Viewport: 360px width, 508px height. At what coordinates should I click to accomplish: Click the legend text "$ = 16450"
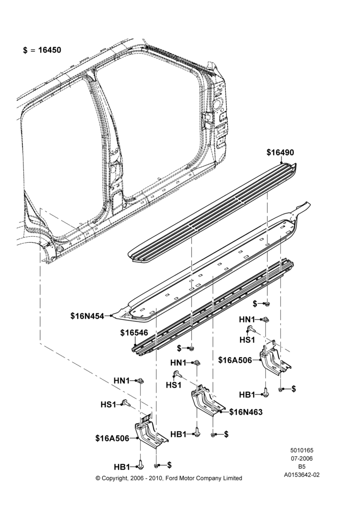pos(42,50)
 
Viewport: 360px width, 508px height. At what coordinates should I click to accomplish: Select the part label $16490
pos(280,152)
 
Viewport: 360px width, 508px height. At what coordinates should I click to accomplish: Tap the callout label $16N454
pos(87,315)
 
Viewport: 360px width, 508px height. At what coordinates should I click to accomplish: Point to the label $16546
pos(134,333)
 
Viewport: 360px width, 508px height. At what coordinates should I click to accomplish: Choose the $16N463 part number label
pos(246,412)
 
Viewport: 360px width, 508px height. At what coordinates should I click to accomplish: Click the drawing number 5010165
pos(302,450)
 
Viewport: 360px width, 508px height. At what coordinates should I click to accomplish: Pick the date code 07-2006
pos(302,458)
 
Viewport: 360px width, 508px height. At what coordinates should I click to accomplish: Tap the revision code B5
pos(302,467)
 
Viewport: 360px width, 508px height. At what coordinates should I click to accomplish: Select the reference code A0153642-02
pos(302,475)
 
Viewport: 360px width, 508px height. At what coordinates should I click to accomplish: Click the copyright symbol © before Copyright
pos(98,478)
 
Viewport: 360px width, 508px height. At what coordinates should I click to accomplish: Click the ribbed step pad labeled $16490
pos(213,211)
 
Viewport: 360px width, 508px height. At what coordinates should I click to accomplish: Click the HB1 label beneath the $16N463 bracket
pos(178,434)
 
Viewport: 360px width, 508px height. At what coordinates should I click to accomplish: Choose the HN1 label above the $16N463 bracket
pos(178,363)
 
